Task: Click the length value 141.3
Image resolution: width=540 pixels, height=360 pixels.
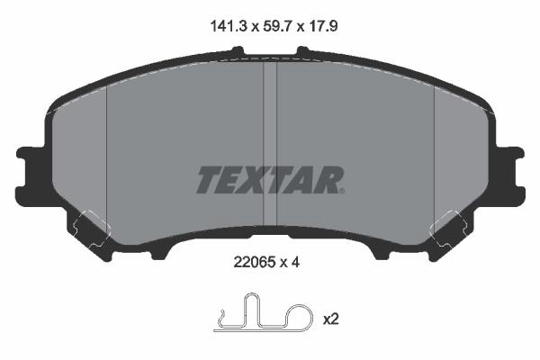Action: (229, 26)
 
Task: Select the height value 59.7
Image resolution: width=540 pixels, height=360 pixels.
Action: (278, 26)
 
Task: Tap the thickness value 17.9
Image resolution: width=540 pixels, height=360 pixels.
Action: (322, 26)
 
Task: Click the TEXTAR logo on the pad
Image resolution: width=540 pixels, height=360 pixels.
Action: (270, 180)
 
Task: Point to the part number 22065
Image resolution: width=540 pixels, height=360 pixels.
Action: (254, 263)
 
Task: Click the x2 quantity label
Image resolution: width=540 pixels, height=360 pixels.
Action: (331, 319)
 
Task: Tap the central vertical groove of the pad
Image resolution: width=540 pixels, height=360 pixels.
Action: (270, 145)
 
